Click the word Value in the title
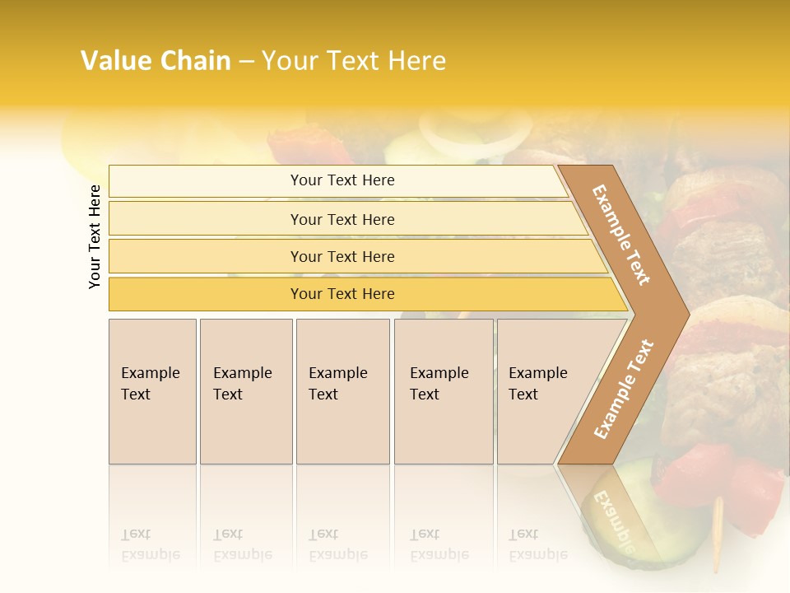(114, 61)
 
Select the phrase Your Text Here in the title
(354, 61)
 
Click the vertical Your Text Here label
(95, 236)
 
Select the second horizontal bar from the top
(342, 219)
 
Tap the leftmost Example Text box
(152, 391)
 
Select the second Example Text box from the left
(246, 391)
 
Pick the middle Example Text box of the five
(342, 391)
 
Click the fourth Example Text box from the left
(444, 391)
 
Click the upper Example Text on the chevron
(621, 235)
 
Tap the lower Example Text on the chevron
(624, 389)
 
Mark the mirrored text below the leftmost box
(151, 544)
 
